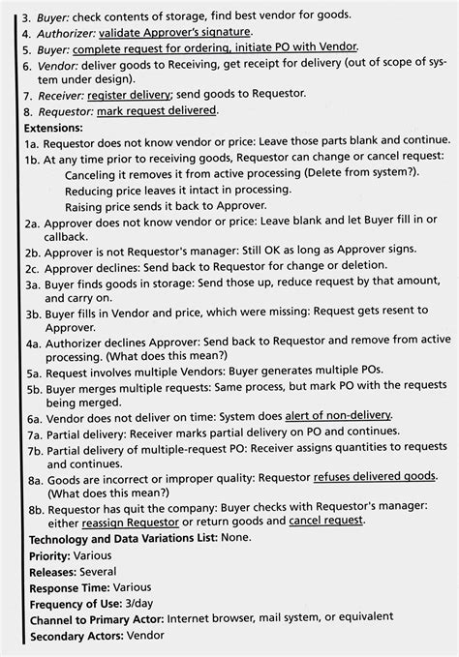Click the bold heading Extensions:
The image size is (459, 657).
pyautogui.click(x=54, y=127)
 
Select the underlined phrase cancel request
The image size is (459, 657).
pyautogui.click(x=326, y=521)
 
